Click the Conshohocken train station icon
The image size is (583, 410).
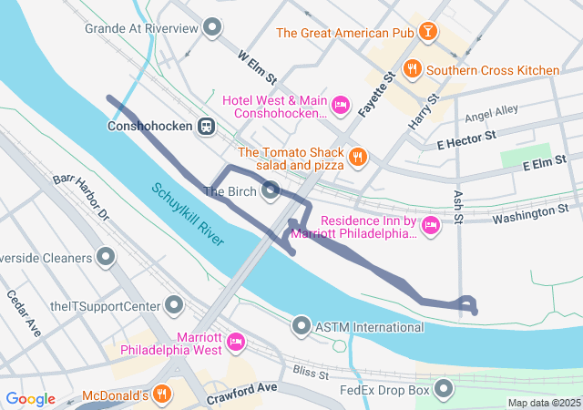[x=208, y=127]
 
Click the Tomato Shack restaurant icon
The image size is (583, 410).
[x=357, y=157]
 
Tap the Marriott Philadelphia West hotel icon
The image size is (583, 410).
[x=236, y=342]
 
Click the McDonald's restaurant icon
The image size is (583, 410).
[x=161, y=395]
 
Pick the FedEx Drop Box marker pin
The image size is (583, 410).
[x=444, y=390]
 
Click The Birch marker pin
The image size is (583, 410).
[x=271, y=190]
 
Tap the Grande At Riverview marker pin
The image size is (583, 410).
[x=213, y=28]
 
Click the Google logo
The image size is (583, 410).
[x=30, y=399]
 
